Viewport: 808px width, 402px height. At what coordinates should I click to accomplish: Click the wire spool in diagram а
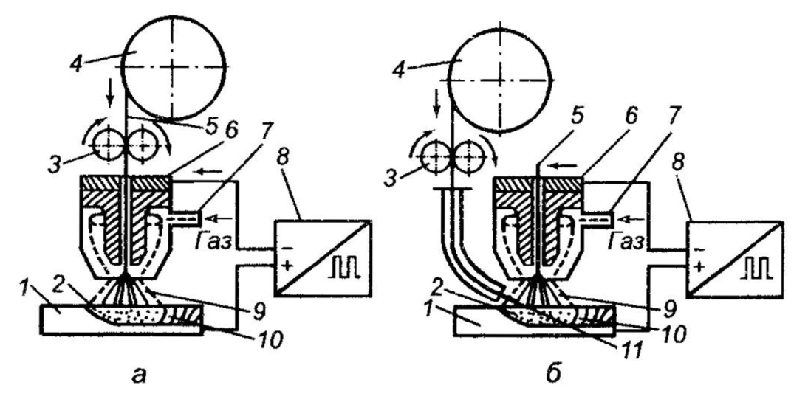(174, 67)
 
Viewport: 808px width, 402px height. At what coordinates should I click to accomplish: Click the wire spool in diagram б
(499, 81)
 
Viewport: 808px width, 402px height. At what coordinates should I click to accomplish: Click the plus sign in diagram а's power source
(287, 265)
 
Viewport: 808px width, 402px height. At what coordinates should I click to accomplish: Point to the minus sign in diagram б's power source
(699, 249)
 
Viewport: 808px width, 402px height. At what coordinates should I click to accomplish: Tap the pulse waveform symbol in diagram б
(756, 266)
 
